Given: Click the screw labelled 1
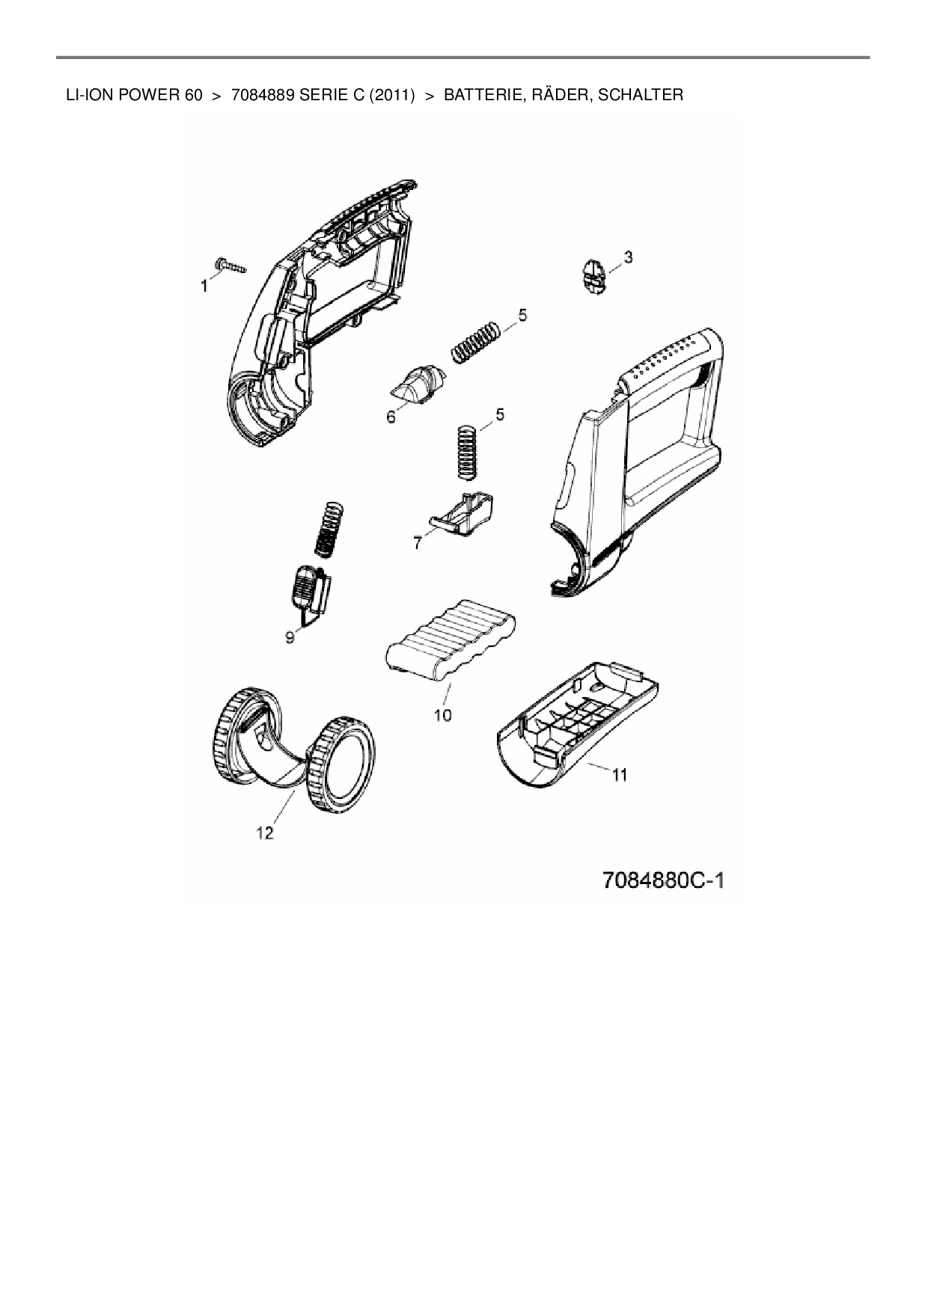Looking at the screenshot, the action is [x=231, y=266].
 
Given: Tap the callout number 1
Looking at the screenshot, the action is [x=204, y=286].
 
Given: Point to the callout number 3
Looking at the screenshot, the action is [x=628, y=257].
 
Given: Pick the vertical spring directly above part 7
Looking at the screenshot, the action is [x=467, y=452].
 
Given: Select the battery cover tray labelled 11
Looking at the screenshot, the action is [x=579, y=723].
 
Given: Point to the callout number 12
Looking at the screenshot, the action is [x=266, y=833].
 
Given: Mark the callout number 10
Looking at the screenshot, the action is [x=442, y=715].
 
